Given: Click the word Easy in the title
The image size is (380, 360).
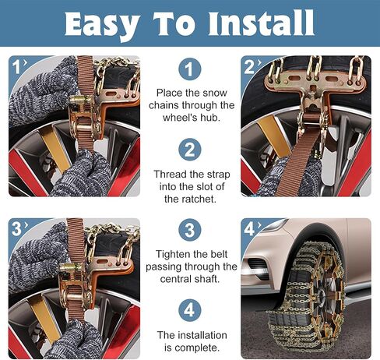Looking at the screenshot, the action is tap(102, 24).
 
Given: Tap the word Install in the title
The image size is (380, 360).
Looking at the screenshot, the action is tap(261, 23).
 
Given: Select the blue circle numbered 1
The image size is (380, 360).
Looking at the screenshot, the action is tap(190, 69).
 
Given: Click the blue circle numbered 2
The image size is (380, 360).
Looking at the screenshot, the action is tap(190, 150).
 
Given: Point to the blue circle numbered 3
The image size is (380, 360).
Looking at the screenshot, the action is tap(190, 230).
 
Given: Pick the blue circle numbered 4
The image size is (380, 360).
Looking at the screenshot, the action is tap(190, 310).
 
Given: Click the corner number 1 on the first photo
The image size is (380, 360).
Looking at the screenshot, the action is tap(16, 67).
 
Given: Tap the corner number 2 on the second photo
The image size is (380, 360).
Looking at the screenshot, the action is tap(249, 67).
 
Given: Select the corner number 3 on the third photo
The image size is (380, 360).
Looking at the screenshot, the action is tap(16, 229).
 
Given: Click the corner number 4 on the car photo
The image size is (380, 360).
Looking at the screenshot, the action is tap(249, 229).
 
